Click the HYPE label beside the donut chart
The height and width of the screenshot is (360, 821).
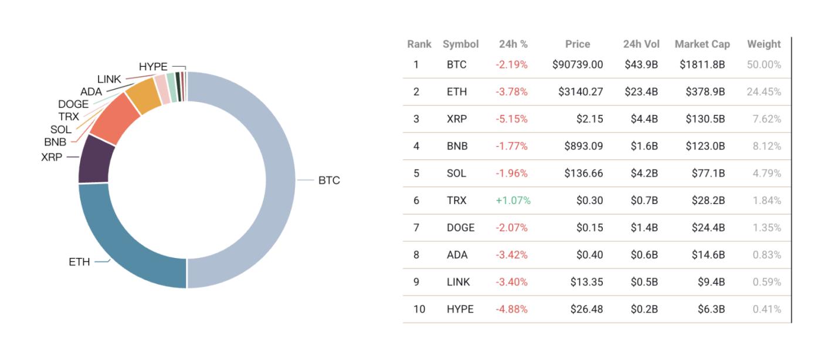(153, 67)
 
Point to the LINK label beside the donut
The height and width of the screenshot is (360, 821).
(109, 79)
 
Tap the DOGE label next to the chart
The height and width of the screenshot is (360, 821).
(73, 104)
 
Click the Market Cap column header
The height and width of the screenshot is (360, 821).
(702, 44)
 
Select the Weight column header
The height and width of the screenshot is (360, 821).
(764, 44)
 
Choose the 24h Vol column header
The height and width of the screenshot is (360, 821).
(641, 44)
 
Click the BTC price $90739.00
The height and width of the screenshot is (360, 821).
(577, 64)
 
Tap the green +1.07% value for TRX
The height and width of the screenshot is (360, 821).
(513, 201)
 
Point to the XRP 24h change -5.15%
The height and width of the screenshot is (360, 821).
(511, 119)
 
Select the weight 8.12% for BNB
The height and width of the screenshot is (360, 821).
(766, 146)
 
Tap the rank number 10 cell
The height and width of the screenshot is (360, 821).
(419, 309)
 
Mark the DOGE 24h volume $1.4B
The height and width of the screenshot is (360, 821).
(644, 227)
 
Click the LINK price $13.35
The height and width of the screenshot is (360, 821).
(586, 282)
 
